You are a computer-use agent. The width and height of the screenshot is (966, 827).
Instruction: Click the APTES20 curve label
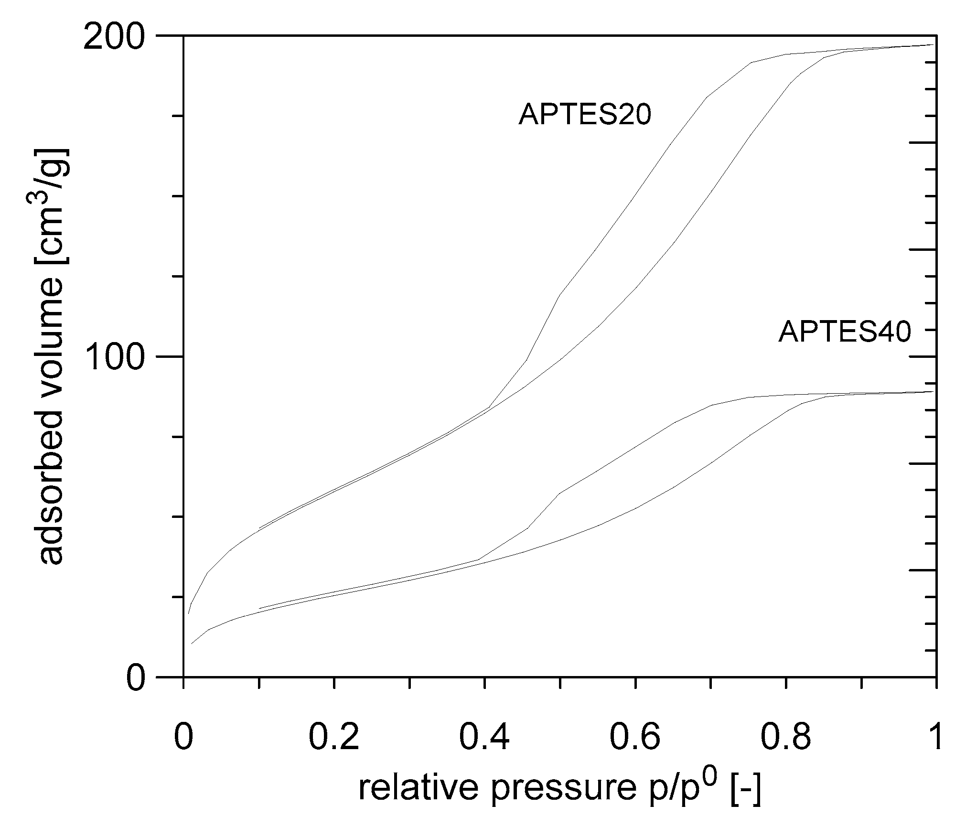[585, 115]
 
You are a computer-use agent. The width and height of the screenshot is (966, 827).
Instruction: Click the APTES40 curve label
[844, 332]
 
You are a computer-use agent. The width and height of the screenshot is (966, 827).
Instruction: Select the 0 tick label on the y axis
[136, 677]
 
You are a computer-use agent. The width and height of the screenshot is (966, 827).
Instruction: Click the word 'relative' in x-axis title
[418, 788]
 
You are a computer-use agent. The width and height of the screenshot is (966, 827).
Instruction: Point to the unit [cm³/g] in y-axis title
[52, 205]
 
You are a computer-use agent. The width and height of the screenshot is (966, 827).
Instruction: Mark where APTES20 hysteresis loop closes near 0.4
[489, 407]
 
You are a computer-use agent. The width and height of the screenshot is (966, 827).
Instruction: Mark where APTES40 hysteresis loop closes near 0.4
[478, 559]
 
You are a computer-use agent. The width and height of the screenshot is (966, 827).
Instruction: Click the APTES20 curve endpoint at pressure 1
[934, 45]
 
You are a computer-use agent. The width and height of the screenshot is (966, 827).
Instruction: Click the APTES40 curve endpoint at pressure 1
[934, 391]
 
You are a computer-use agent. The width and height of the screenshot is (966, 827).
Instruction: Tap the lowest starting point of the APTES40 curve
[192, 644]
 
